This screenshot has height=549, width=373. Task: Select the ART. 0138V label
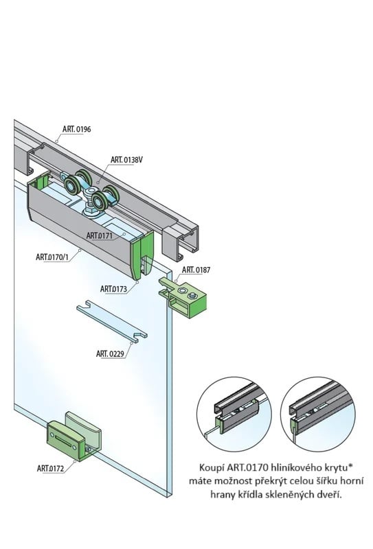[128, 159]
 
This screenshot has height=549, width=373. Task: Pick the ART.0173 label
[113, 289]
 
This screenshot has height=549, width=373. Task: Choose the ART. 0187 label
[196, 270]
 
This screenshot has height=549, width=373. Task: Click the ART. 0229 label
[112, 354]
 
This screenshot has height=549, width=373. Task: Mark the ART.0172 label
[52, 468]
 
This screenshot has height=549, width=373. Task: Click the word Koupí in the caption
[211, 465]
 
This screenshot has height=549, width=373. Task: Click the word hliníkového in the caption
[299, 465]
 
